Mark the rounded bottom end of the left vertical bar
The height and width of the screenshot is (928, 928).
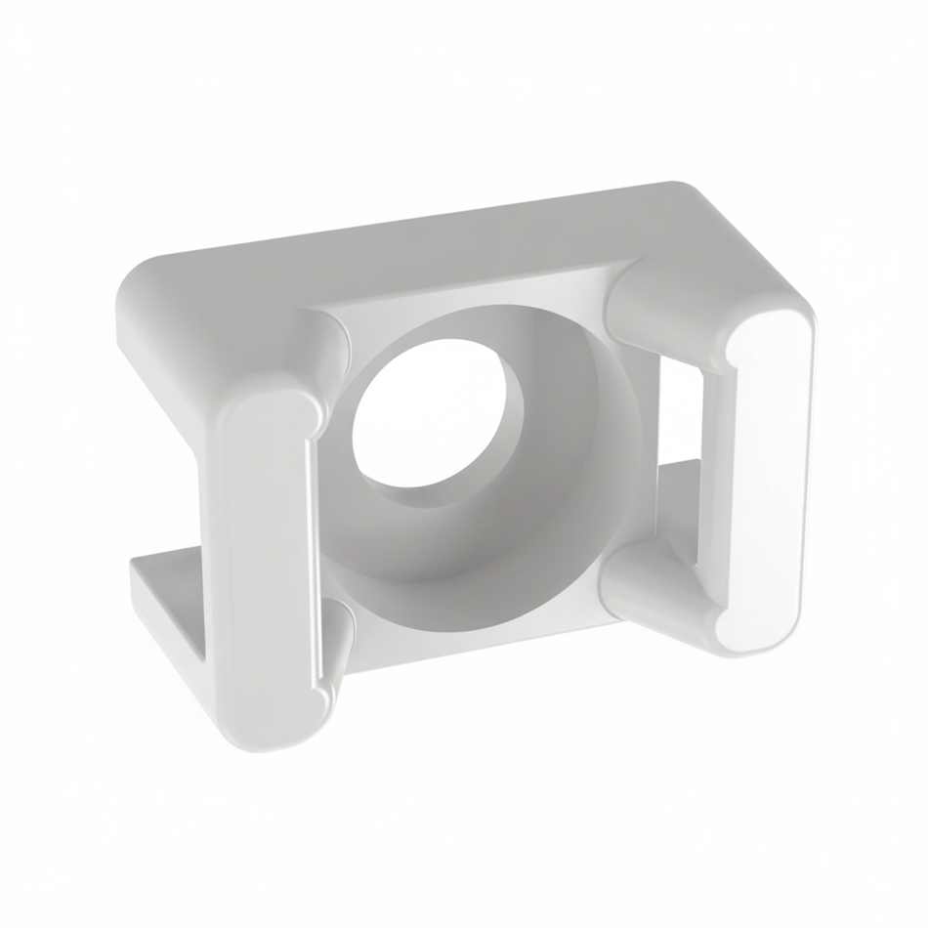(x=278, y=728)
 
